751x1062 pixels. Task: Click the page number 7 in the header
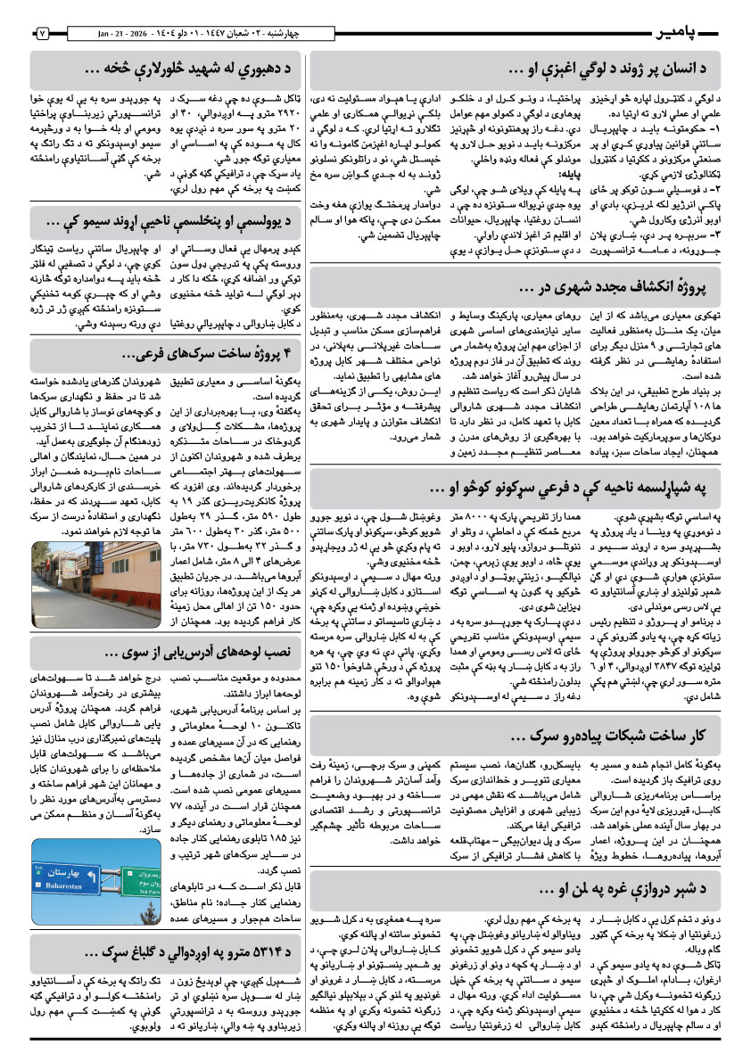42,33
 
